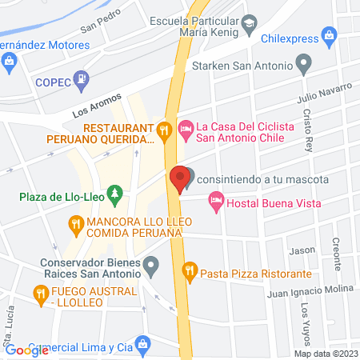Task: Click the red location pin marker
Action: (x=180, y=178)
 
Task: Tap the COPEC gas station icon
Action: (x=81, y=79)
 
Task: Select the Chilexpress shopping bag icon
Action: (x=330, y=35)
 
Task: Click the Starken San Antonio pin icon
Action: (x=303, y=62)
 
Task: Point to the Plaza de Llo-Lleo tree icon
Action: (x=116, y=193)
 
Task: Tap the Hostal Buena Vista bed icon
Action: (x=214, y=203)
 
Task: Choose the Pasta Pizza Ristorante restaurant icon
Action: (x=190, y=270)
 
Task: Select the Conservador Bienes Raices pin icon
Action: (x=152, y=266)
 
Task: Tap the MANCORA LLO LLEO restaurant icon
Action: (x=76, y=225)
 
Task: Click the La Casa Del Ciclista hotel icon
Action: (x=186, y=126)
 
